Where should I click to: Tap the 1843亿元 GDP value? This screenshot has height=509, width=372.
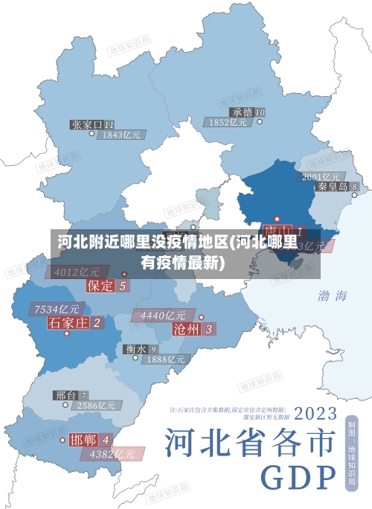tap(122, 135)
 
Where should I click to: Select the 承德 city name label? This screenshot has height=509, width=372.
tap(242, 112)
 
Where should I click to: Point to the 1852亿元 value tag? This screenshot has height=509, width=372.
tap(228, 122)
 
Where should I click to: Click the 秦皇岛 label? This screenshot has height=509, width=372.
tap(333, 187)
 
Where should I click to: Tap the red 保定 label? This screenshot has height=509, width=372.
tap(101, 285)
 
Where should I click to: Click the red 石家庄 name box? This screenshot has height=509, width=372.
tap(68, 322)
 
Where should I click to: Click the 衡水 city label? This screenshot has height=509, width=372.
tap(136, 348)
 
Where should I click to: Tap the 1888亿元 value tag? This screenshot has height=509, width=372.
tap(165, 359)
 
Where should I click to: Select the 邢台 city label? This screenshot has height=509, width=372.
tap(65, 395)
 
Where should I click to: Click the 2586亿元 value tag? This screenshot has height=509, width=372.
tap(97, 406)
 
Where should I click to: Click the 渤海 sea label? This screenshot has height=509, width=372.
tap(332, 295)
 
